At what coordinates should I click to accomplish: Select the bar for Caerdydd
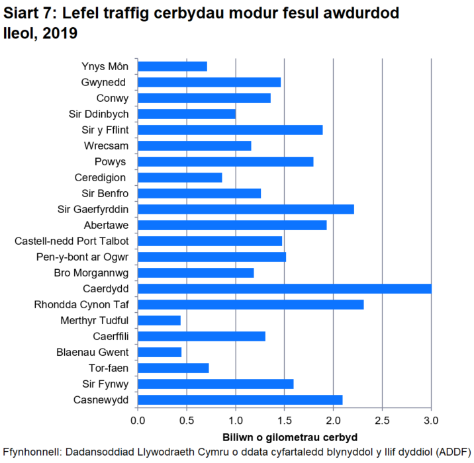[x=285, y=288]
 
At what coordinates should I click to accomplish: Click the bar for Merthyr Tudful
[x=160, y=320]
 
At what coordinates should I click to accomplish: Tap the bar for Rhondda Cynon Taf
[x=251, y=304]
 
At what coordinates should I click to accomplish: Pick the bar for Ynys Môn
[x=173, y=66]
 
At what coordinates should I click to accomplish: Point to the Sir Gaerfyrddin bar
[x=246, y=209]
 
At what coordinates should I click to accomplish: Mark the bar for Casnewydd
[x=240, y=400]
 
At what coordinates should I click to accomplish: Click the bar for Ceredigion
[x=180, y=177]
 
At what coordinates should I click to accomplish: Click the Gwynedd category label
[x=105, y=82]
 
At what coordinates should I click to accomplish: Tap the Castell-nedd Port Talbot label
[x=71, y=241]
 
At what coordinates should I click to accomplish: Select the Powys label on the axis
[x=111, y=161]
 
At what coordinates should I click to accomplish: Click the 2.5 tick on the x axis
[x=382, y=419]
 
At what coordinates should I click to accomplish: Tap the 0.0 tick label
[x=138, y=419]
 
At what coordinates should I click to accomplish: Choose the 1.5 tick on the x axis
[x=285, y=419]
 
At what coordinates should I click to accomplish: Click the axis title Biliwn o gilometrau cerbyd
[x=284, y=437]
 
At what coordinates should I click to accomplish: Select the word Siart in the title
[x=23, y=13]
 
